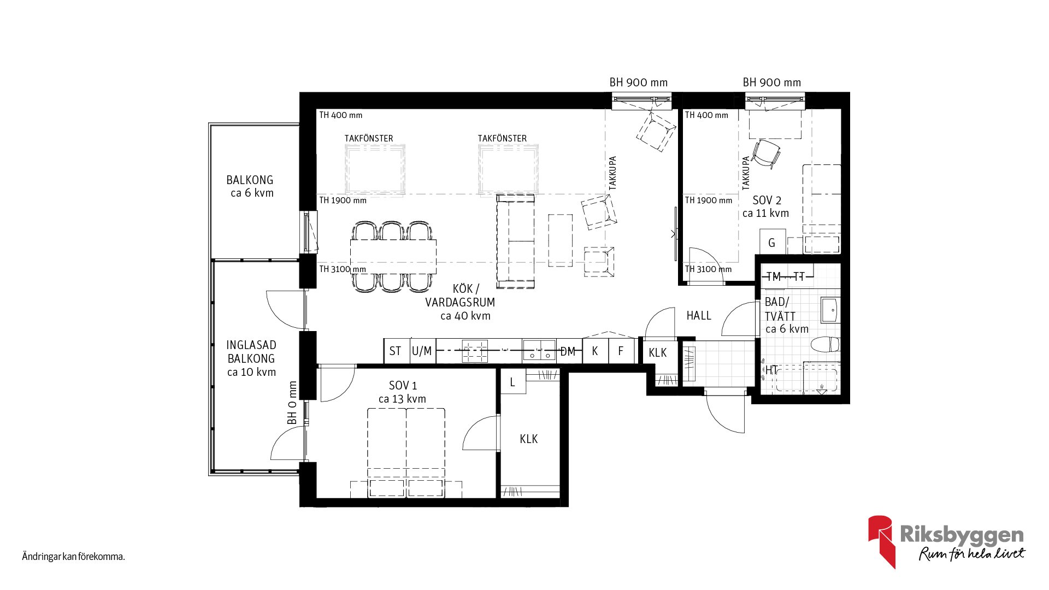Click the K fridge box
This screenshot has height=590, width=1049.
tap(595, 351)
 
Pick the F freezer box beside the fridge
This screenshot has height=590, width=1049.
tap(622, 351)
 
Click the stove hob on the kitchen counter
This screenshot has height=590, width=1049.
tap(475, 351)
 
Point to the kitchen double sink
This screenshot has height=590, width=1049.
tap(539, 351)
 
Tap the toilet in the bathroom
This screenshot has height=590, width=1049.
tap(825, 345)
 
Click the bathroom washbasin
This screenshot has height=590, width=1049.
tap(830, 310)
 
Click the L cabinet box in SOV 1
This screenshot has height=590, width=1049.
tap(513, 381)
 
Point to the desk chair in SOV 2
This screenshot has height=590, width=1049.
tap(766, 153)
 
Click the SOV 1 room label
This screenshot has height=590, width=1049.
tap(403, 392)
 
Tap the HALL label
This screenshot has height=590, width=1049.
tap(699, 315)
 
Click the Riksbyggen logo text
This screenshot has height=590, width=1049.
tap(962, 534)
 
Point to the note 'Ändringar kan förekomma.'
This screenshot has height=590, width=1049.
tap(74, 557)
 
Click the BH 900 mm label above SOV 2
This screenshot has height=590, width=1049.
tap(772, 82)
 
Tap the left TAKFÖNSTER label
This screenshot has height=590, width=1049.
tap(369, 138)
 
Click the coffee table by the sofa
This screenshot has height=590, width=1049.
tap(561, 240)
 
